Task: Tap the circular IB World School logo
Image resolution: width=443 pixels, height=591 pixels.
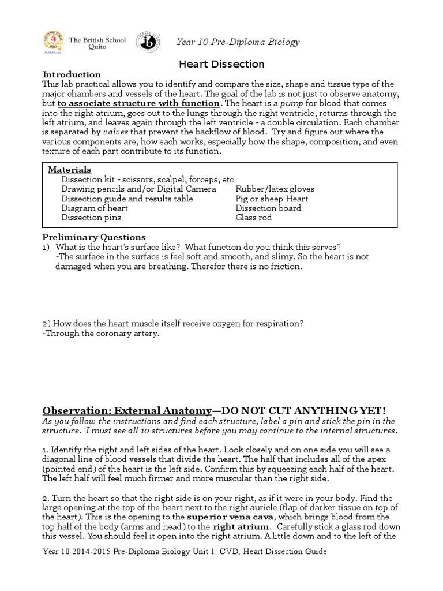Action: click(148, 42)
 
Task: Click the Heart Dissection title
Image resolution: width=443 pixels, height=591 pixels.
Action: click(222, 64)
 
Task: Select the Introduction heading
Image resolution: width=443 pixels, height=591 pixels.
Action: click(72, 74)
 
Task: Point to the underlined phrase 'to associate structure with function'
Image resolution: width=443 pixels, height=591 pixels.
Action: click(138, 103)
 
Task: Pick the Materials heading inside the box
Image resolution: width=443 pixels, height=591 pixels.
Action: click(69, 170)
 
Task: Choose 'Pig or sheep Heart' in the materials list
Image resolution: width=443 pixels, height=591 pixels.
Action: click(272, 199)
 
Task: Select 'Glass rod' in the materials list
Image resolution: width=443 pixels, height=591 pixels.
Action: click(254, 218)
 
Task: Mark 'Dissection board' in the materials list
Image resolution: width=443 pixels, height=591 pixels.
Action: click(268, 208)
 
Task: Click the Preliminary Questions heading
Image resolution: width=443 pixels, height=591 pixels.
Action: click(94, 237)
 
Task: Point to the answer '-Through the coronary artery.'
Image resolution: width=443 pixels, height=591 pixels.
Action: click(100, 334)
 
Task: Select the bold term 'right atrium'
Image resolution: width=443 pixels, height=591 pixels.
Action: click(241, 526)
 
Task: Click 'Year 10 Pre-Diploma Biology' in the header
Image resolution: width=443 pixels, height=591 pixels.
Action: click(238, 42)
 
